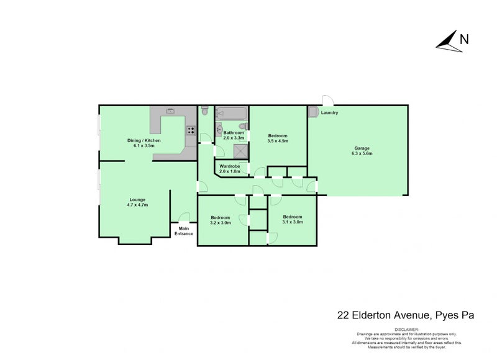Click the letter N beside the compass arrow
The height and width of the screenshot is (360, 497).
click(464, 40)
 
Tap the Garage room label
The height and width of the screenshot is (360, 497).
click(362, 148)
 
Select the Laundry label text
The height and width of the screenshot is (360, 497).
click(329, 113)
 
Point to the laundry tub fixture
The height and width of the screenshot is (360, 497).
click(314, 112)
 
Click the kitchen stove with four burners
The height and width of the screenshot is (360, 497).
click(191, 130)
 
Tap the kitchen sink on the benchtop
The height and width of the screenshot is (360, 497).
click(170, 111)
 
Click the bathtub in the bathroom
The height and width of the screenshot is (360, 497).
click(231, 113)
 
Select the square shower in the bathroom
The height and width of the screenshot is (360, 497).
click(241, 151)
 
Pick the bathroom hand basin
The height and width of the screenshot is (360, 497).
click(219, 129)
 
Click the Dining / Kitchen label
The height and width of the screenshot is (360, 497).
click(144, 140)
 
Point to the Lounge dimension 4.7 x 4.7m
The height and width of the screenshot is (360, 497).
click(137, 205)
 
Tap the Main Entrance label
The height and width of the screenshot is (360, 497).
click(184, 231)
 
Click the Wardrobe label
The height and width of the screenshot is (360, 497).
click(230, 166)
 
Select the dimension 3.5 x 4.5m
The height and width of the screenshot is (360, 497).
click(278, 141)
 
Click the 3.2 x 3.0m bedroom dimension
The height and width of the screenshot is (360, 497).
click(221, 223)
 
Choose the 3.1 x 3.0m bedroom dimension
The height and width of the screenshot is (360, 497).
click(293, 222)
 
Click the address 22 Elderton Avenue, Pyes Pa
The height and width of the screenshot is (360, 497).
click(406, 316)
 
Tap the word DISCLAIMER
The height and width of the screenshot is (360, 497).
click(407, 330)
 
